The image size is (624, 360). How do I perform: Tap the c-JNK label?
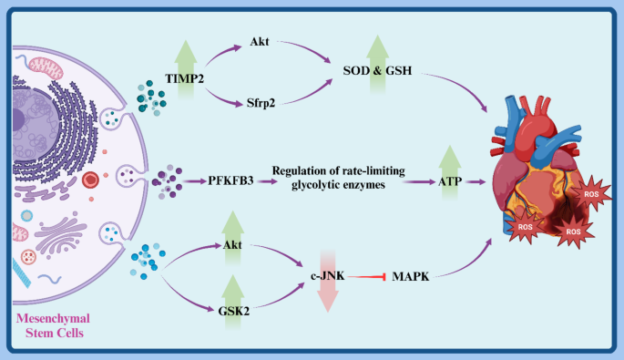point(328,271)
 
